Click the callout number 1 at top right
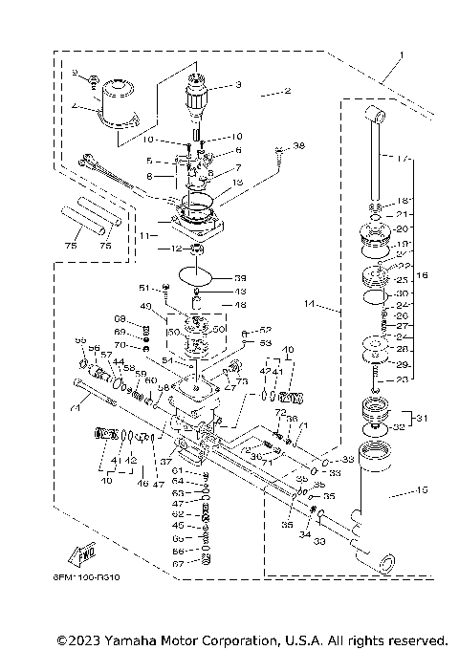[x=403, y=55]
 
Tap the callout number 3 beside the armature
[x=237, y=85]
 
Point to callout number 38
[x=298, y=146]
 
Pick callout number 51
[x=144, y=287]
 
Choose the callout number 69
[x=120, y=332]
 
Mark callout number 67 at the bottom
[x=178, y=563]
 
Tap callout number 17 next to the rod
[x=403, y=158]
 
